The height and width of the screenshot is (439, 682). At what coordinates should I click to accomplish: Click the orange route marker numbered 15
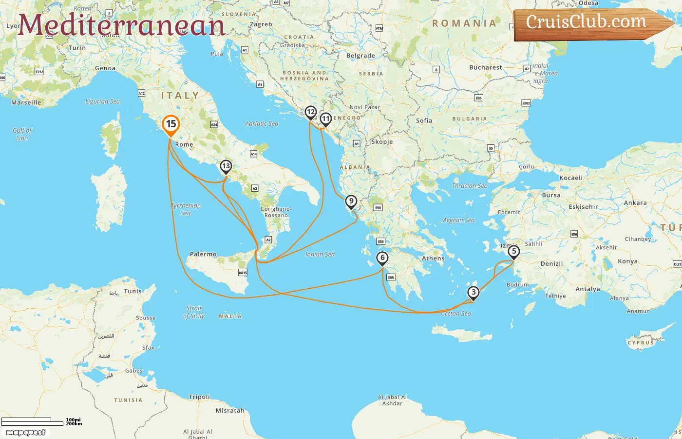[x=171, y=124]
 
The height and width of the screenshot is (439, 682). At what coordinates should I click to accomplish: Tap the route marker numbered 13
[x=226, y=166]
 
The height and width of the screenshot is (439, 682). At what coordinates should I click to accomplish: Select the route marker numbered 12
[x=310, y=113]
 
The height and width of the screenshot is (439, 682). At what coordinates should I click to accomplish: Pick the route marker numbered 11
[x=325, y=119]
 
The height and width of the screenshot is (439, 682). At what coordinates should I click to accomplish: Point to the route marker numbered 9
[x=351, y=201]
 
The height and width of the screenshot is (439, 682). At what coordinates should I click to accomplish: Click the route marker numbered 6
[x=382, y=258]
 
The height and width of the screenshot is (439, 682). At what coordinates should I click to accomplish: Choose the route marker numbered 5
[x=513, y=252]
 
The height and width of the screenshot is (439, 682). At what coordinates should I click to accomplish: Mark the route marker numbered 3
[x=473, y=293]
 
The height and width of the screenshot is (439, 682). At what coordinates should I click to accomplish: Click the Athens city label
[x=433, y=259]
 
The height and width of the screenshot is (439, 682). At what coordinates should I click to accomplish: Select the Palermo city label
[x=203, y=254]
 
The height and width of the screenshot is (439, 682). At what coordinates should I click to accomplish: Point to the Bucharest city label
[x=485, y=67]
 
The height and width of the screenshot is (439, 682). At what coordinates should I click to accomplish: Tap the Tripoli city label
[x=199, y=397]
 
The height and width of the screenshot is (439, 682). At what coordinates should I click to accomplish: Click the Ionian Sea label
[x=320, y=254]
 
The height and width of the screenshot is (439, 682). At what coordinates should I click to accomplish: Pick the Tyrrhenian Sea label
[x=186, y=209]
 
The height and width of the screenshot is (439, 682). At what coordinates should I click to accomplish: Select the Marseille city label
[x=26, y=102]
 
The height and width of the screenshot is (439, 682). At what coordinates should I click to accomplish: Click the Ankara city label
[x=635, y=203]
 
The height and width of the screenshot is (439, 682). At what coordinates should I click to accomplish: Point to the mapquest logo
[x=26, y=433]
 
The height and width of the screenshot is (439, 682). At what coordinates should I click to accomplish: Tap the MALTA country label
[x=230, y=317]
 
